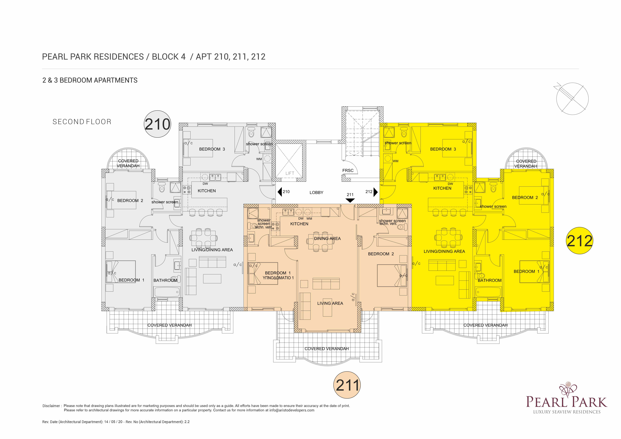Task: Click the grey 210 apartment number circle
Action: point(157,124)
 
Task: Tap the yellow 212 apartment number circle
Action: point(579,241)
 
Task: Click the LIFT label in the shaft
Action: point(290,173)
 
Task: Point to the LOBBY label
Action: point(317,193)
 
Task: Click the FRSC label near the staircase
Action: point(348,170)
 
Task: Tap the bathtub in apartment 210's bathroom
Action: point(167,292)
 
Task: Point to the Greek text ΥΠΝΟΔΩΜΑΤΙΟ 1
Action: point(278,278)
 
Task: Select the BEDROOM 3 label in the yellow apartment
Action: point(443,149)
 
